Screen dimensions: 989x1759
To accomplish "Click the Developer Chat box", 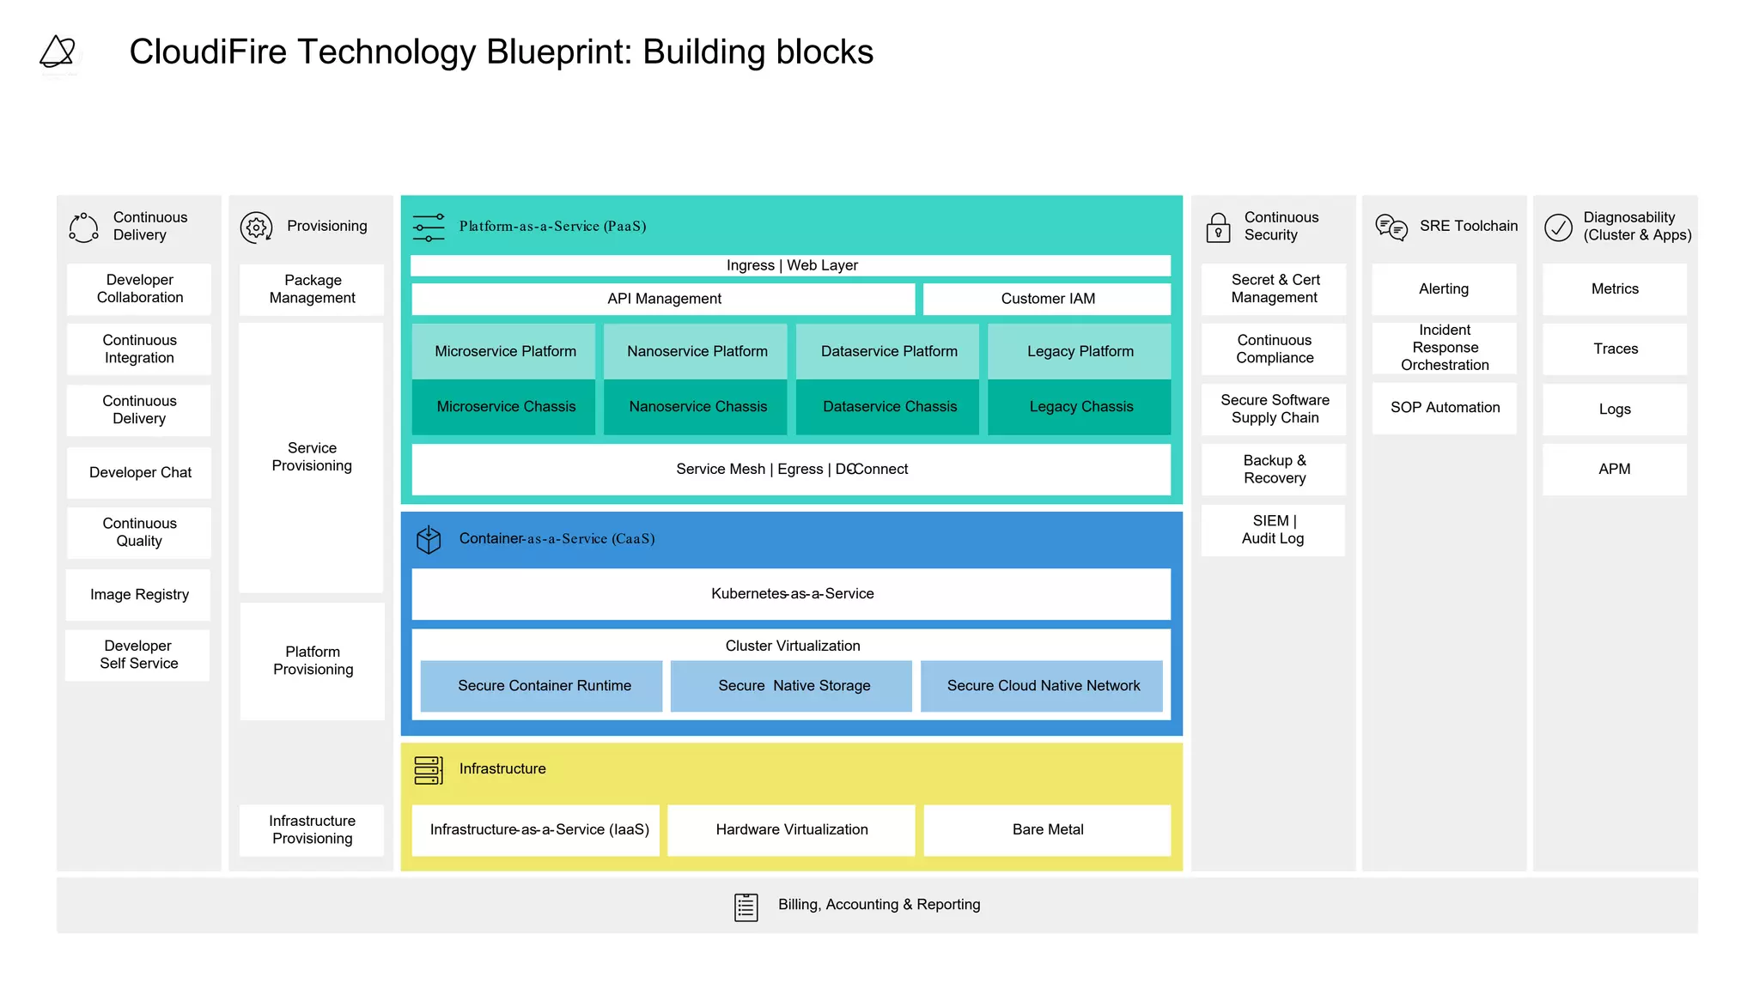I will (x=139, y=472).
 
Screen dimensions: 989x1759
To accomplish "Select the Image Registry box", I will (x=139, y=594).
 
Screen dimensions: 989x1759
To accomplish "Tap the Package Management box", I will (x=312, y=289).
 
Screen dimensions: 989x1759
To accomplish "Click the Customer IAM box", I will (x=1047, y=299).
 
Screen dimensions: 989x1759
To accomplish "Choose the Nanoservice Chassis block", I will (x=697, y=407).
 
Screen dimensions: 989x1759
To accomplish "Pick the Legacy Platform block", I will (x=1080, y=351).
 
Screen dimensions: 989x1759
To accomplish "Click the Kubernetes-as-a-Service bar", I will (x=791, y=593).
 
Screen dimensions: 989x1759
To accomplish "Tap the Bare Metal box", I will (x=1047, y=829).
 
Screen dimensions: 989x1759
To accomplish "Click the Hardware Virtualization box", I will (x=791, y=829).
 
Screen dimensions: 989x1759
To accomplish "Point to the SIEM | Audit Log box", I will (x=1273, y=530).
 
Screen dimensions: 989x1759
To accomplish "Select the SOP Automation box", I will (x=1445, y=408).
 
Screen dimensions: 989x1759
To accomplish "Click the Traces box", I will (x=1615, y=349).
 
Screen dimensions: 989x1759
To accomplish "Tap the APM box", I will (x=1615, y=469).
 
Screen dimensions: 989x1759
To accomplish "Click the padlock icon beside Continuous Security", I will (x=1218, y=228).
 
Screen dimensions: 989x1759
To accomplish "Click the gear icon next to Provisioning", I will (x=256, y=228).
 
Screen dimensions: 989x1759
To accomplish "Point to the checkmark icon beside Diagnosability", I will (x=1558, y=228).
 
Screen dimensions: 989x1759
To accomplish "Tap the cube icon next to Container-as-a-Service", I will (x=429, y=539).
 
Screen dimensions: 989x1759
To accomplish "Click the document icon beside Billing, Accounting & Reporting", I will (x=746, y=907).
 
